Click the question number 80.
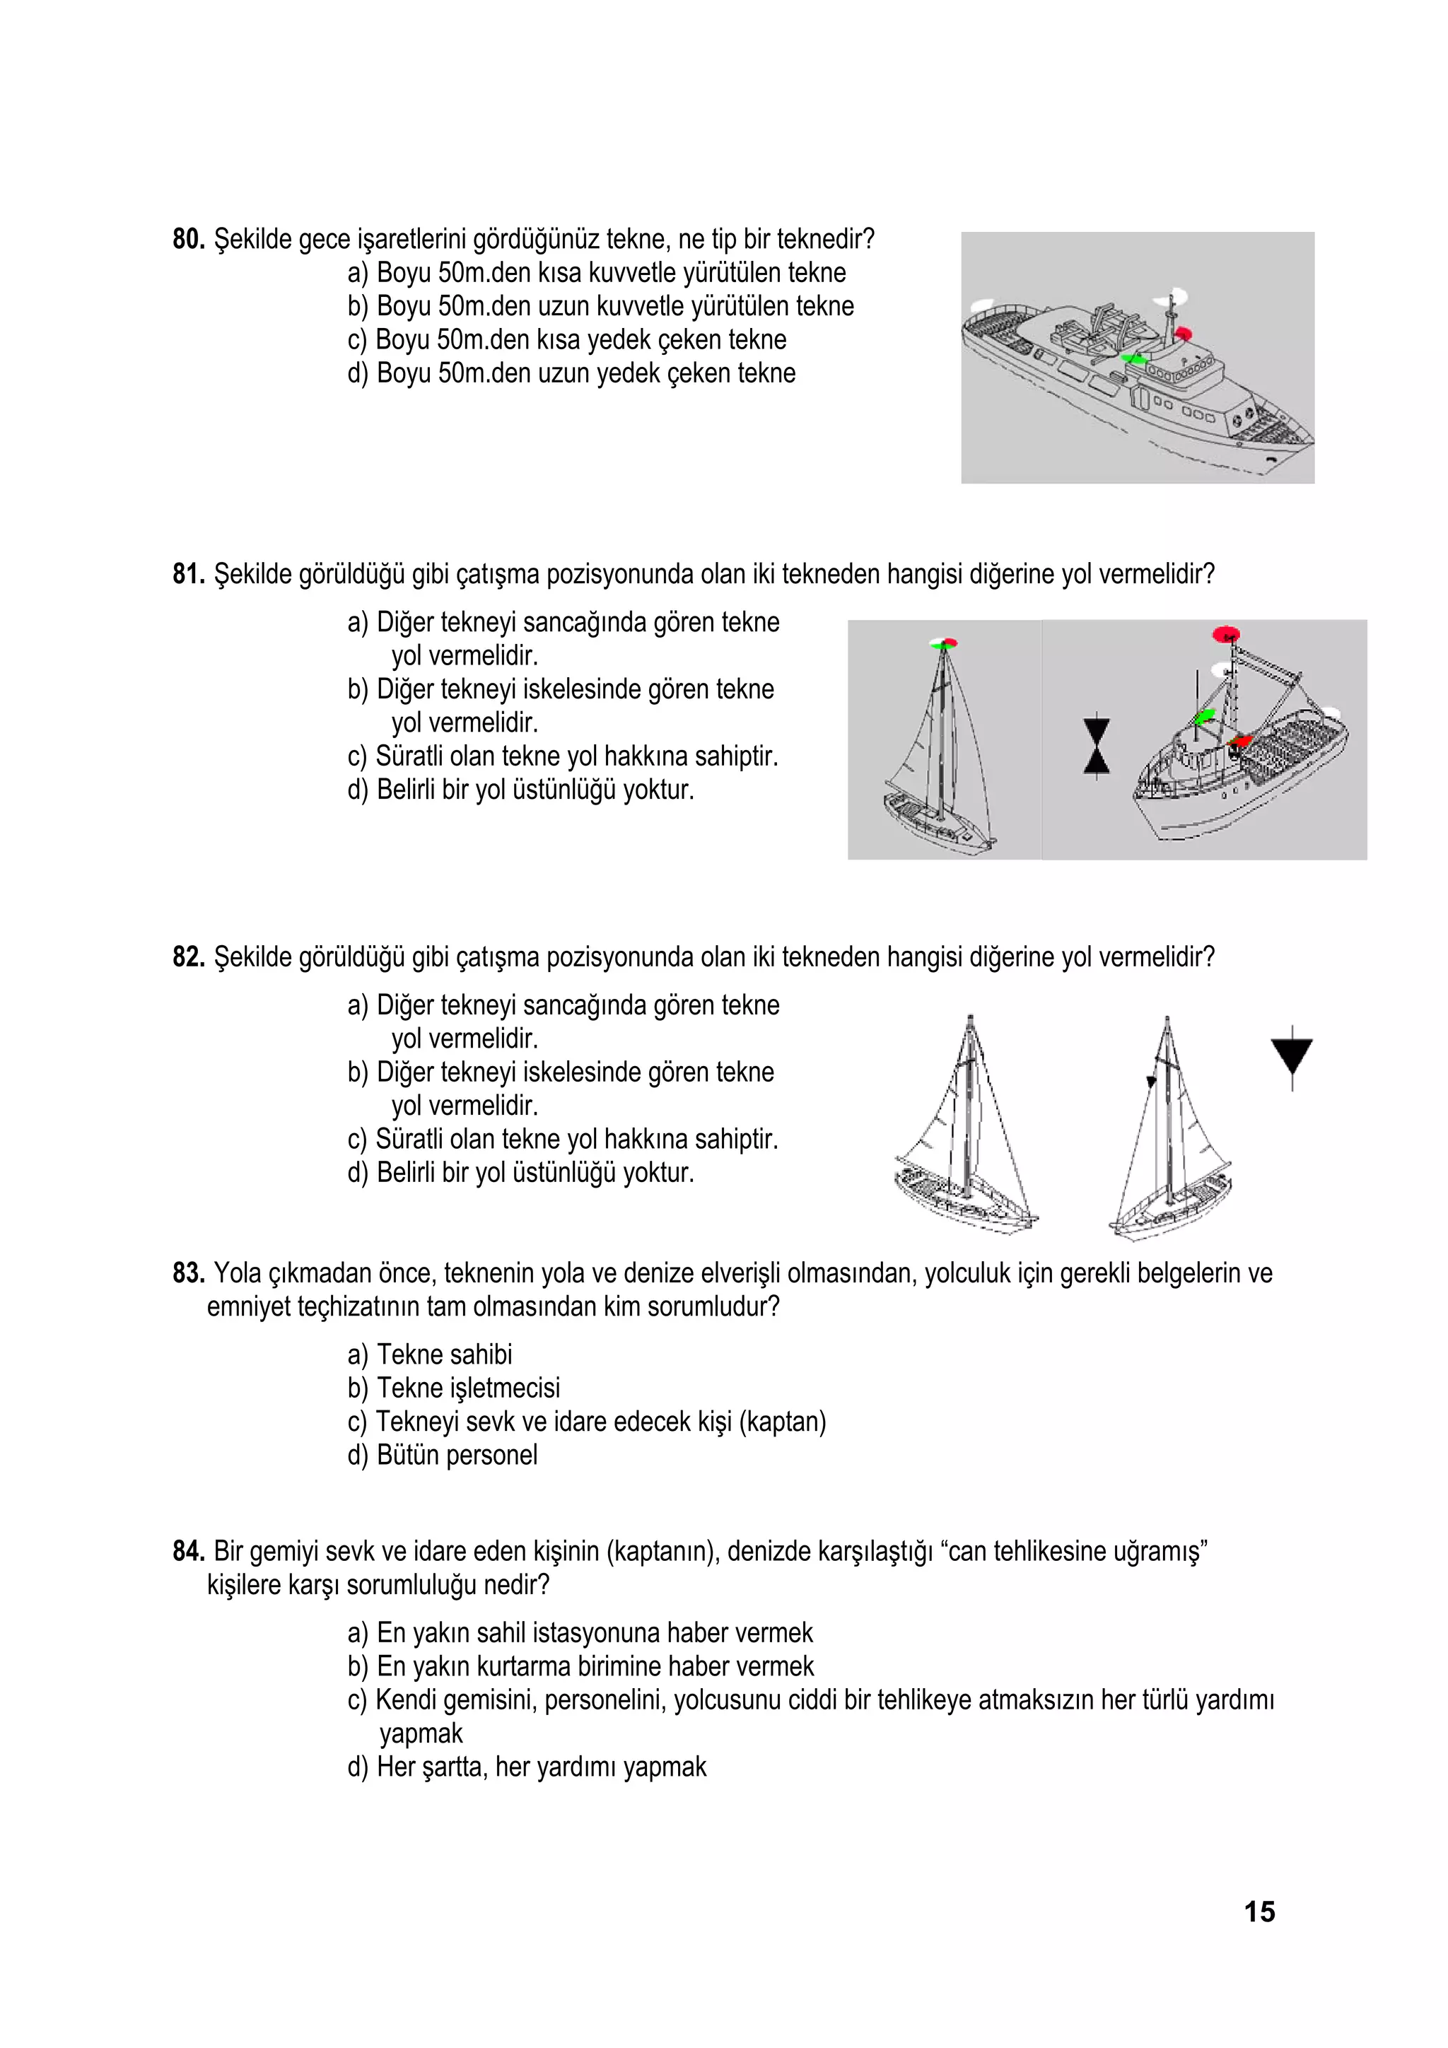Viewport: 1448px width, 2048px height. click(x=188, y=239)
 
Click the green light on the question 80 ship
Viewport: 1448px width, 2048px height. click(x=1133, y=358)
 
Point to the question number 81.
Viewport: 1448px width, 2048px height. click(x=188, y=573)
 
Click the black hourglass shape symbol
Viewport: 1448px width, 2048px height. click(x=1097, y=746)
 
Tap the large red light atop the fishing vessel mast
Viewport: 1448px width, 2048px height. click(x=1227, y=634)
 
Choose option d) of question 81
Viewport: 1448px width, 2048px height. click(x=520, y=790)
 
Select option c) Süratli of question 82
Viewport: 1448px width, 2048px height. click(x=562, y=1139)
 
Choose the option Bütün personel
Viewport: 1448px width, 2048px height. click(x=443, y=1455)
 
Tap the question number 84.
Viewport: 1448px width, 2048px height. click(x=188, y=1551)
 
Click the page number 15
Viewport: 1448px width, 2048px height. click(x=1259, y=1912)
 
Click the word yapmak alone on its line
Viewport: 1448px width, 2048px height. click(x=421, y=1733)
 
